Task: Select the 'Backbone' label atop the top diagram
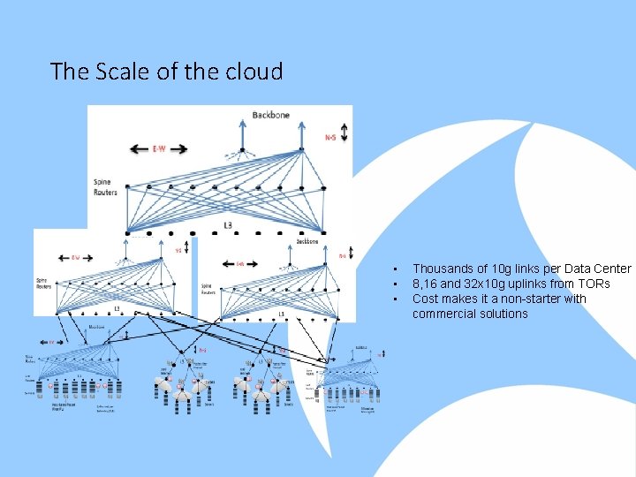tap(270, 115)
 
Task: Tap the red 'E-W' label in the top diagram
tap(160, 148)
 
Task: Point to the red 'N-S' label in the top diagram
tap(329, 137)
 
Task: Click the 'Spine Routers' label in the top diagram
tap(105, 187)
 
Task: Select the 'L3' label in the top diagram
tap(228, 226)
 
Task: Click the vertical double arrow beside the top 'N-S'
tap(343, 132)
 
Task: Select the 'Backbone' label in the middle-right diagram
tap(307, 240)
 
